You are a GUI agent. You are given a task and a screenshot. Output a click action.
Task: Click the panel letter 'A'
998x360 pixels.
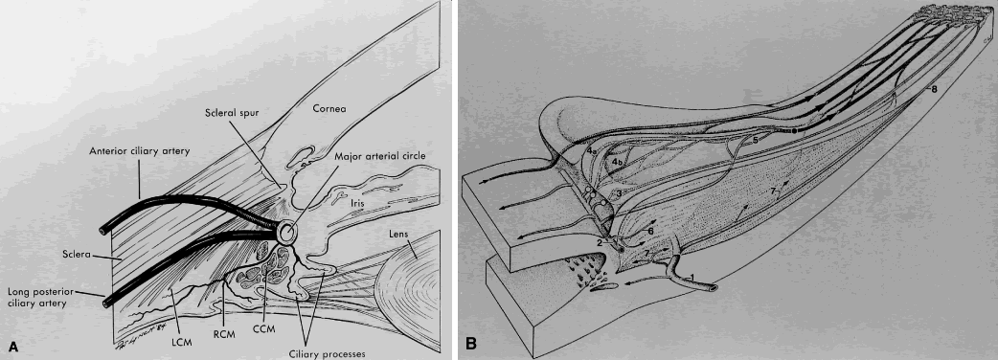pyautogui.click(x=12, y=346)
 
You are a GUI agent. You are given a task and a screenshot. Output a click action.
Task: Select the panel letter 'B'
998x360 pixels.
pyautogui.click(x=471, y=345)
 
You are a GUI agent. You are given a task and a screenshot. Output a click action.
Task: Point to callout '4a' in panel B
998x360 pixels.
pyautogui.click(x=591, y=151)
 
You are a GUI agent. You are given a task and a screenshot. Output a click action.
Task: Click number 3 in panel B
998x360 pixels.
pyautogui.click(x=618, y=192)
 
